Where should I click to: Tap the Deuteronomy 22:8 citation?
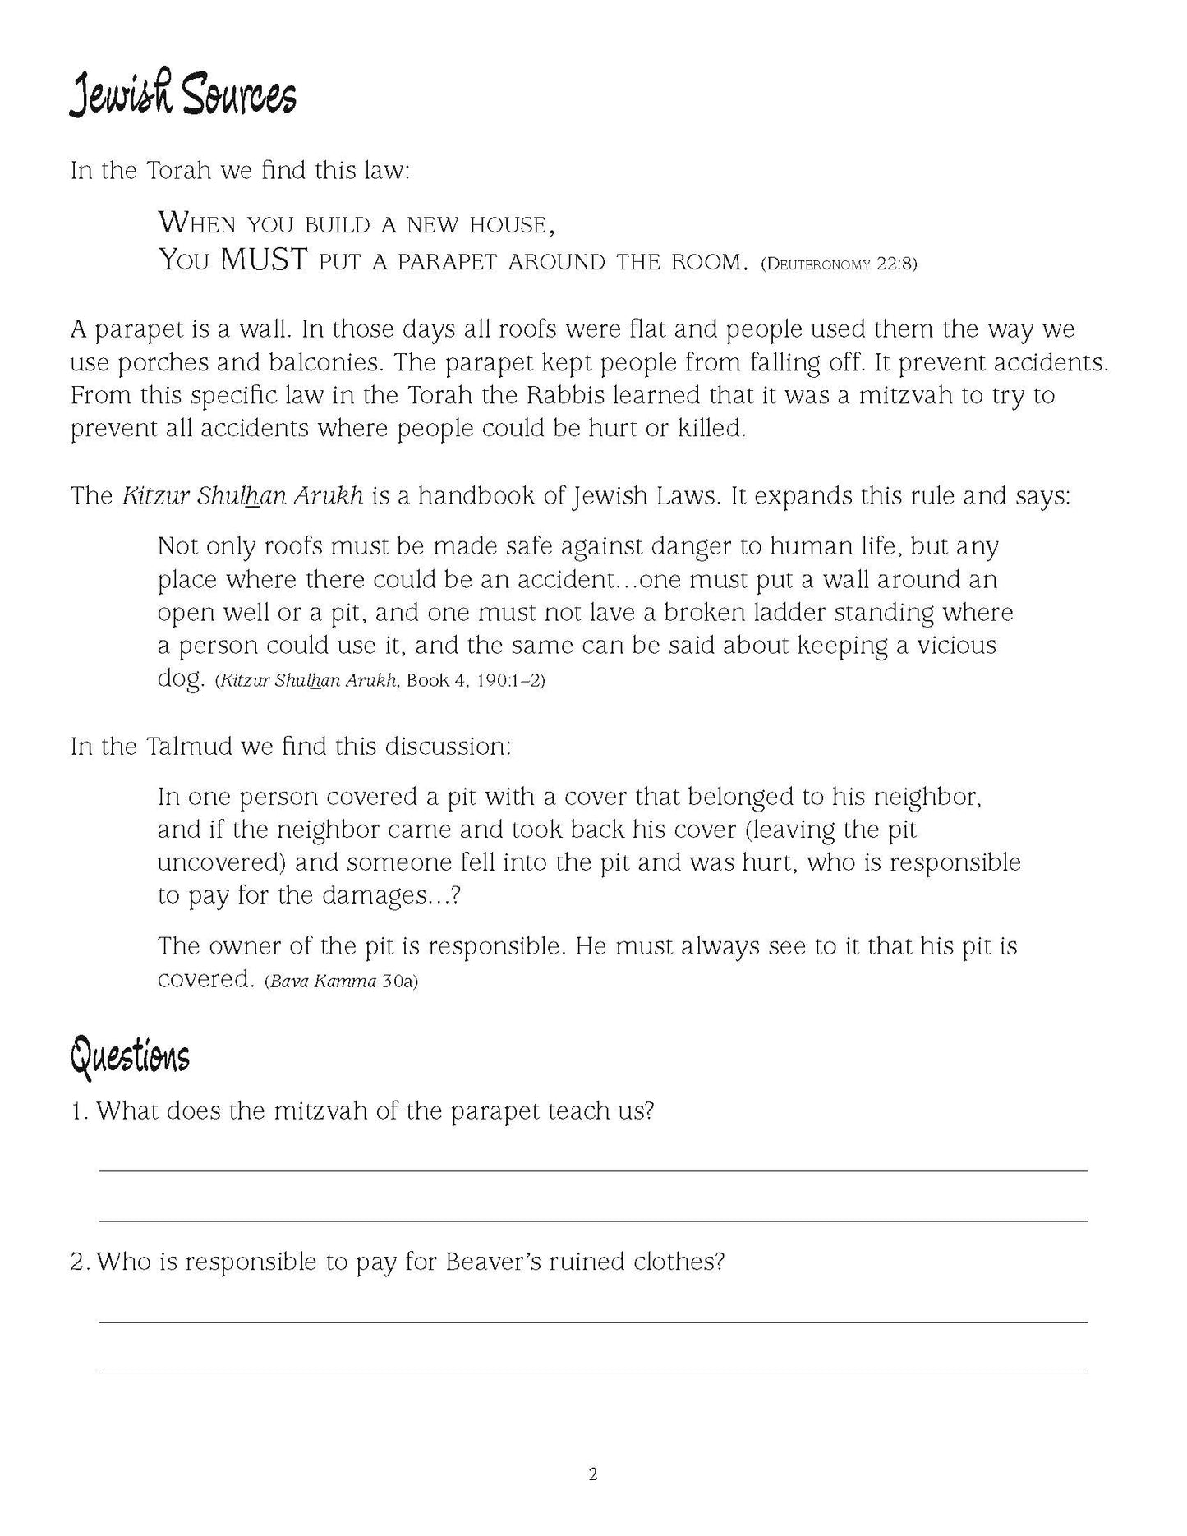coord(839,264)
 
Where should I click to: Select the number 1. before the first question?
coord(80,1111)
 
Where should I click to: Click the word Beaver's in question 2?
coord(497,1262)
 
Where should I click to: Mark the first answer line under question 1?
coord(593,1170)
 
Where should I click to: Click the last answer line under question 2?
coord(593,1372)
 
